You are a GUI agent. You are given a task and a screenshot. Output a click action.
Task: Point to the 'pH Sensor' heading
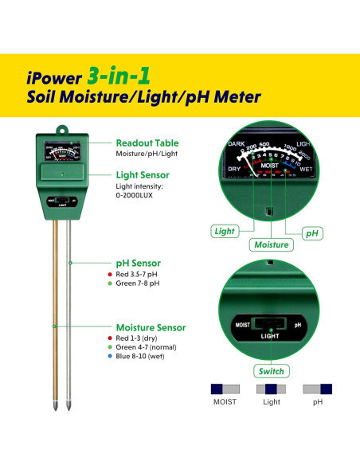(x=139, y=263)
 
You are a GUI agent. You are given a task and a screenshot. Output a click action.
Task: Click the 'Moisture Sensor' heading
(x=151, y=327)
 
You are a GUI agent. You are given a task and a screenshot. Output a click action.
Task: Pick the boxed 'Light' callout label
(x=224, y=232)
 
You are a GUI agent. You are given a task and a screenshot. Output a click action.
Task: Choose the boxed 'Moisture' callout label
(x=269, y=245)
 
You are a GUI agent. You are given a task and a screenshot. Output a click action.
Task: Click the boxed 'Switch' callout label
(x=270, y=371)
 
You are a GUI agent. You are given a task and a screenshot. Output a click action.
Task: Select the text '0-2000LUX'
(x=137, y=195)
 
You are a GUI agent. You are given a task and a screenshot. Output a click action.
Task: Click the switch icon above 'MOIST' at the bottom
(x=225, y=389)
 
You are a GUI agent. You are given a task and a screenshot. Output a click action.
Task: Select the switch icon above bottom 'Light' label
(x=272, y=389)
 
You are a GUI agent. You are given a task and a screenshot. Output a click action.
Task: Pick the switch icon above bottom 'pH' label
(x=318, y=389)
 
